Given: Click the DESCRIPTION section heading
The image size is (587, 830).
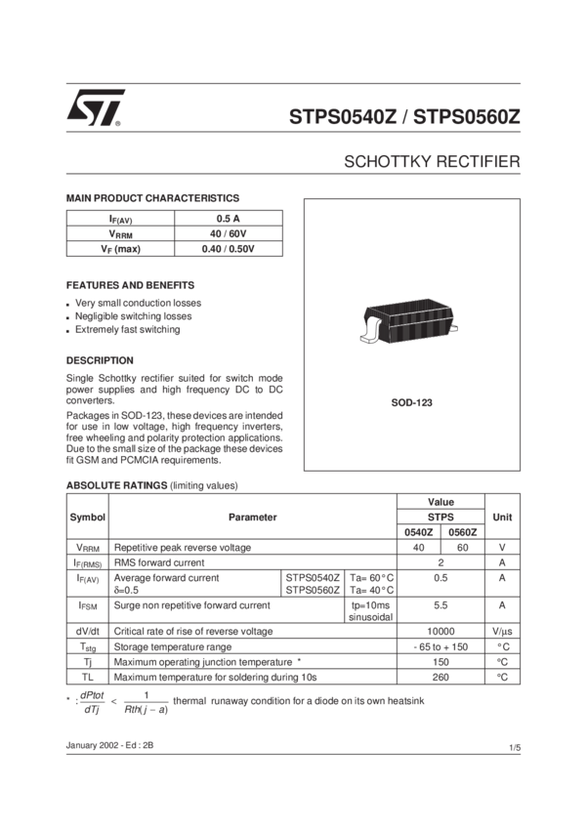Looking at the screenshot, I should [x=100, y=358].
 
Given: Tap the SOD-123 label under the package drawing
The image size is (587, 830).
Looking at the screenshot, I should [x=411, y=401].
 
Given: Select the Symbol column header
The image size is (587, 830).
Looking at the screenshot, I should [x=87, y=516].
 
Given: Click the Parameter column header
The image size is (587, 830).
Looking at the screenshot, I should [x=252, y=516].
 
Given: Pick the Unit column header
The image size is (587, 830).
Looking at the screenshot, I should [x=502, y=516].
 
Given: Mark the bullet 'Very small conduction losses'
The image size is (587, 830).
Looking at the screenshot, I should [x=139, y=303].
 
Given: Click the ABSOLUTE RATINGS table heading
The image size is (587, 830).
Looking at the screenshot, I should [x=151, y=484].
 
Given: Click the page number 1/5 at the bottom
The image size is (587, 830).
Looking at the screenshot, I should [x=514, y=749].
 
